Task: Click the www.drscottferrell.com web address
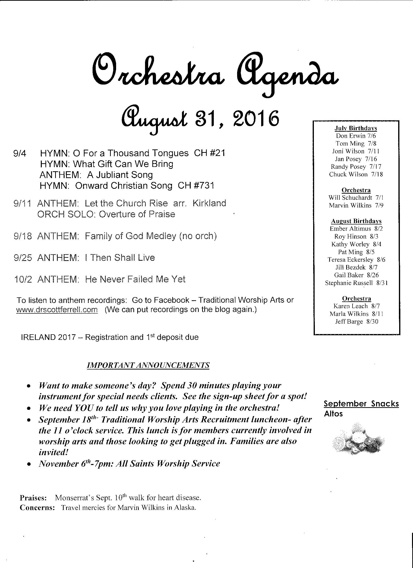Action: [x=57, y=310]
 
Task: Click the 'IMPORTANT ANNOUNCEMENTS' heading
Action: [x=148, y=365]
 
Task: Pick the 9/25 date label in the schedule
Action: [x=23, y=258]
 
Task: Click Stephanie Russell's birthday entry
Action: [x=356, y=283]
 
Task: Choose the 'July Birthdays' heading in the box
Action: [x=356, y=128]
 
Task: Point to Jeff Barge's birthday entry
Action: [x=357, y=321]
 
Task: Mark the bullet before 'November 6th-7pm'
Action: [x=29, y=464]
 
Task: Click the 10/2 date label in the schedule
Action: [x=23, y=279]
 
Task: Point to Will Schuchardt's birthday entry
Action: [x=356, y=198]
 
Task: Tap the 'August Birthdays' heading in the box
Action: [x=356, y=221]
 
